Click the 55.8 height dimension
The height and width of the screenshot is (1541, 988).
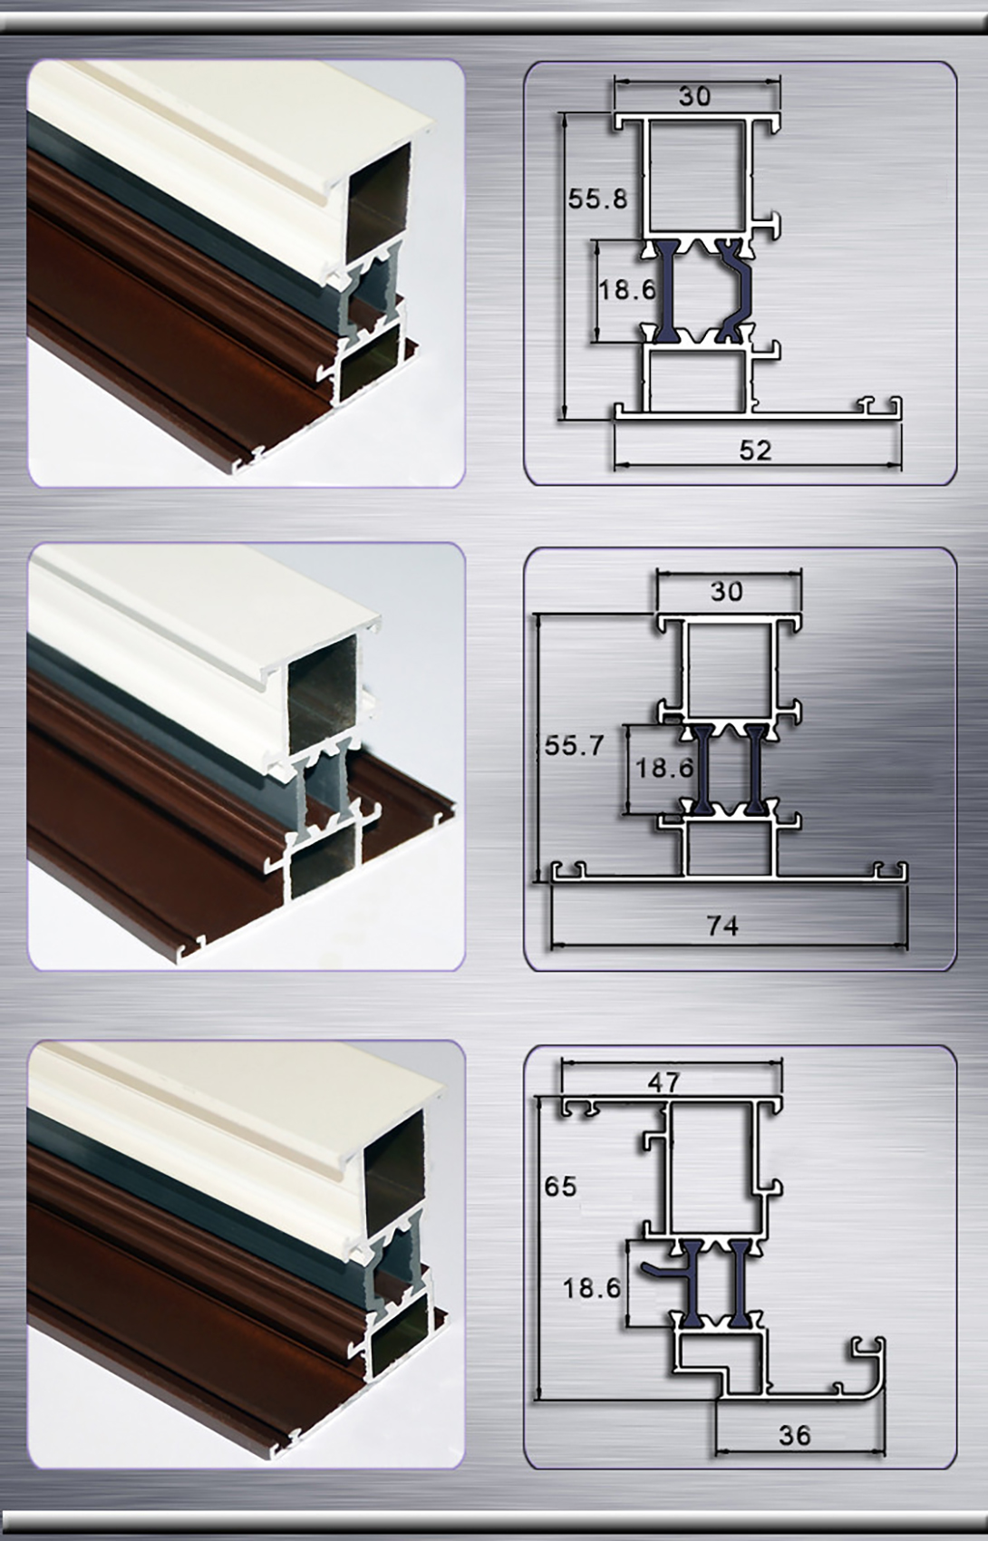click(597, 199)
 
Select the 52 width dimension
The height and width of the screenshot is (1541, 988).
click(754, 450)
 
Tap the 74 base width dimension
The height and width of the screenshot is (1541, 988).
click(722, 926)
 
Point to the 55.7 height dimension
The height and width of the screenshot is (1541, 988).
click(574, 745)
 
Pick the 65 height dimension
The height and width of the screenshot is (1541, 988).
click(561, 1186)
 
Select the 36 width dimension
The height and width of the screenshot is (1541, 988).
click(794, 1434)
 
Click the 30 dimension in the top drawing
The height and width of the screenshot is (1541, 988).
click(694, 95)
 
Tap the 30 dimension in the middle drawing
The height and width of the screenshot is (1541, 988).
click(726, 591)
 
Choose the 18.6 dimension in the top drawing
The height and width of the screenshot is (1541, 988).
click(625, 289)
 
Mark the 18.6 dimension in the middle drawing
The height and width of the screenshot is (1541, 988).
click(664, 768)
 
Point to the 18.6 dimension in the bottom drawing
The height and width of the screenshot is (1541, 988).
click(591, 1287)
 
